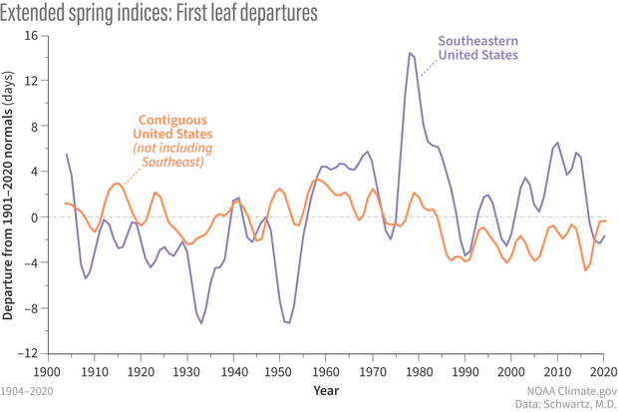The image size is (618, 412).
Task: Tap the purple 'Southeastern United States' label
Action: [x=478, y=48]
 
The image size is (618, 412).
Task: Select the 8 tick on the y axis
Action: [x=32, y=126]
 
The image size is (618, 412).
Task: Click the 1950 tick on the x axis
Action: [x=279, y=370]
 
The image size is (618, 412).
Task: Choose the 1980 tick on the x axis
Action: [x=419, y=370]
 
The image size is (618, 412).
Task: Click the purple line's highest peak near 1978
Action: [x=410, y=53]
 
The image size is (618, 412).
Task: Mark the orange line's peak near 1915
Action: [x=117, y=184]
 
